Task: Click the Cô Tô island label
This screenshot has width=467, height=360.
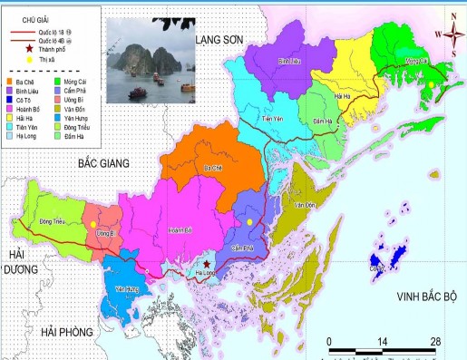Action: pyautogui.click(x=375, y=267)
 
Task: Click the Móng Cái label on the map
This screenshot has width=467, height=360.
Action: pyautogui.click(x=417, y=60)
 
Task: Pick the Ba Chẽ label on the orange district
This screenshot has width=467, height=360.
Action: pyautogui.click(x=214, y=168)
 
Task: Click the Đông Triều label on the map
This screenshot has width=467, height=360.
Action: pyautogui.click(x=53, y=219)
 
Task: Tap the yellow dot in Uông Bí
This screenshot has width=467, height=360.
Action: pyautogui.click(x=93, y=222)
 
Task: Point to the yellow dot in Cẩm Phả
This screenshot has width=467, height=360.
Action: pyautogui.click(x=249, y=221)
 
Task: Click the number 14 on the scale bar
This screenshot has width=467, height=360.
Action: pyautogui.click(x=382, y=340)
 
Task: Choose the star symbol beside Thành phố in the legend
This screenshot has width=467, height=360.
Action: pyautogui.click(x=28, y=50)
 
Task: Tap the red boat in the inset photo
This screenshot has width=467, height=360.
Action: pyautogui.click(x=136, y=91)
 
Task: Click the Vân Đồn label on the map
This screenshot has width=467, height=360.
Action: pyautogui.click(x=303, y=206)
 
